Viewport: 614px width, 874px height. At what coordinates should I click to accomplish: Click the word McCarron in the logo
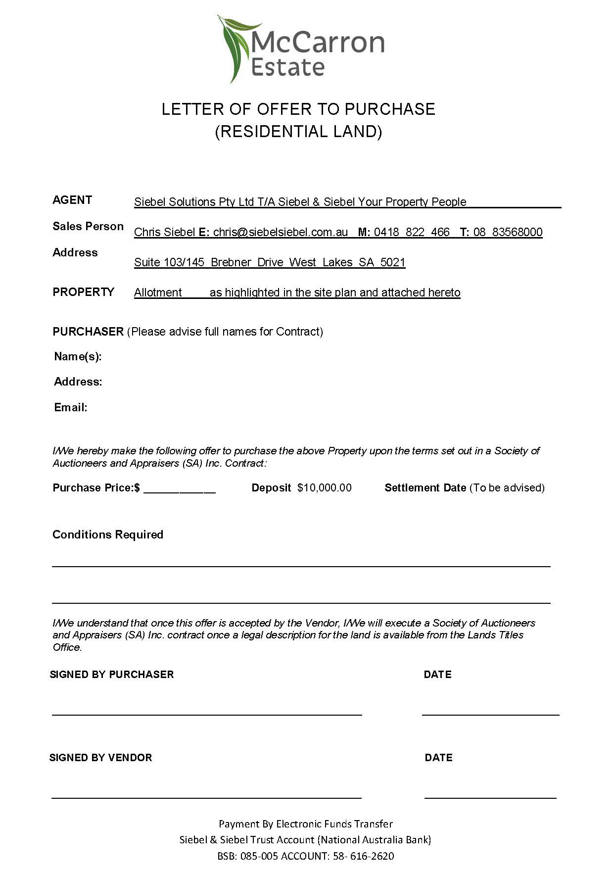[318, 43]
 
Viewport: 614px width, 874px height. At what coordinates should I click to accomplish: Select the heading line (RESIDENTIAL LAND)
[298, 132]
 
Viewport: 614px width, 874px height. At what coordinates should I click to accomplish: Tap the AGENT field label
[72, 200]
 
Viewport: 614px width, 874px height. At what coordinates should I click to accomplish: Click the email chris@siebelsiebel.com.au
[281, 232]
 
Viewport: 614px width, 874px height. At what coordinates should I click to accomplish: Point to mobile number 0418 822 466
[412, 232]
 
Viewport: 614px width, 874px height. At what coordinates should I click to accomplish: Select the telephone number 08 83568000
[508, 232]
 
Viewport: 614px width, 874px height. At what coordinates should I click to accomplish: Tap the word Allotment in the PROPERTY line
[158, 292]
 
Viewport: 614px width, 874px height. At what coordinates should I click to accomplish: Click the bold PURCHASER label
[88, 332]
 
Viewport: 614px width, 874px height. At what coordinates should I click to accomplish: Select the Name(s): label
[78, 356]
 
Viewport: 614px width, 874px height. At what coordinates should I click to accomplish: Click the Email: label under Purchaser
[71, 407]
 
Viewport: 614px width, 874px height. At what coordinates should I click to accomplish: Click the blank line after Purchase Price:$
[180, 490]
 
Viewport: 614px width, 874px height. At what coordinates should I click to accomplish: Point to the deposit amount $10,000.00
[325, 488]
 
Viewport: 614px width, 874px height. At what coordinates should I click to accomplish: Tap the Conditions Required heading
[108, 534]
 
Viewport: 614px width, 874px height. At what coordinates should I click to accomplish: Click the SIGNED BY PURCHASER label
[112, 675]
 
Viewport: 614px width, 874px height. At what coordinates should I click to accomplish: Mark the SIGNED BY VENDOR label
[100, 758]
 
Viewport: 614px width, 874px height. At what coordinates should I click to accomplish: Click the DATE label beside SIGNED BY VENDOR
[438, 758]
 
